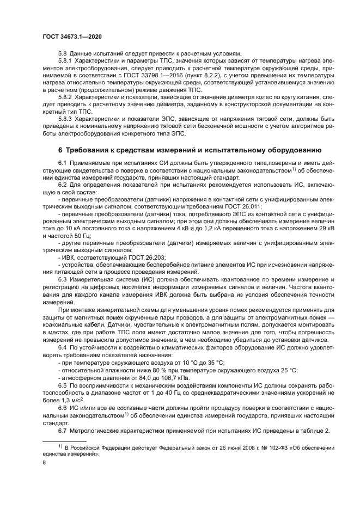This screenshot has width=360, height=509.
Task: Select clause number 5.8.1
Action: tap(66, 60)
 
